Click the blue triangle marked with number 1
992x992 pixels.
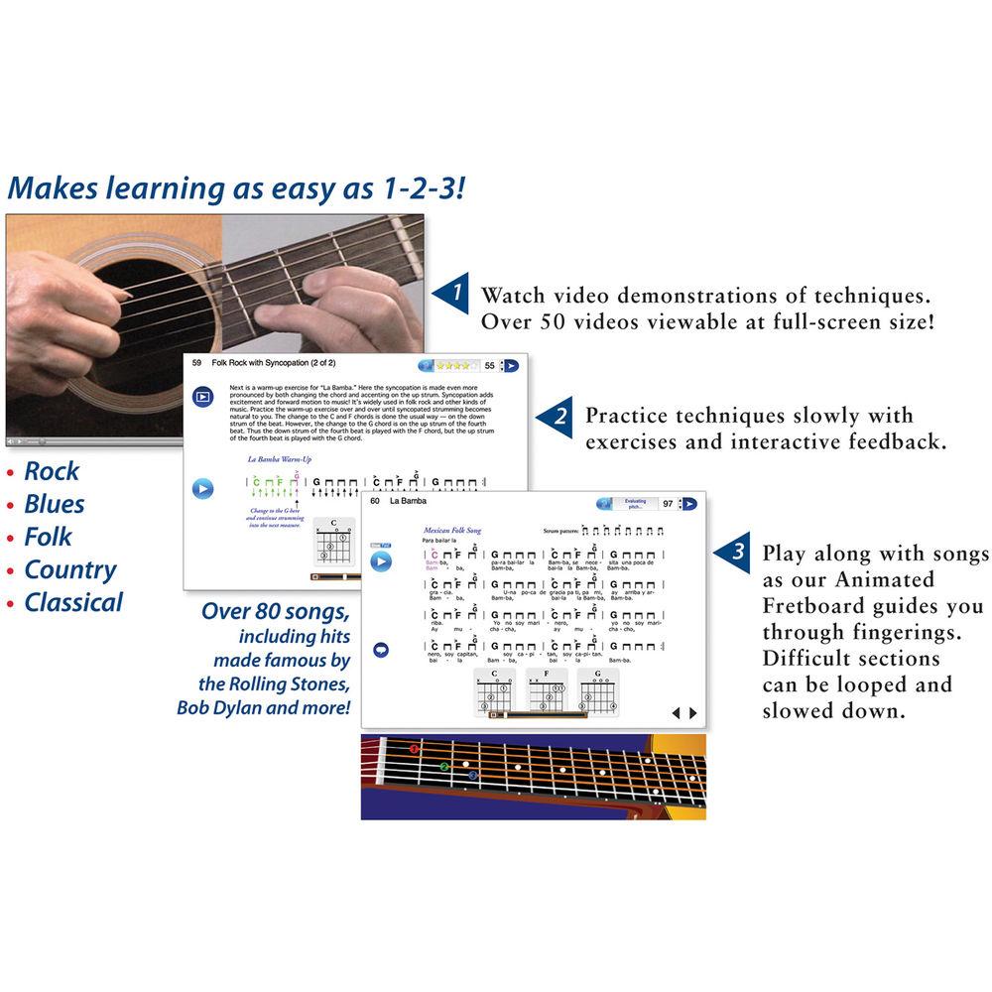point(452,294)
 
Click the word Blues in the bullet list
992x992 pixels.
point(55,504)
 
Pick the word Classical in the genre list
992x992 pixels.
point(73,602)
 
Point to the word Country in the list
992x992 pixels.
point(70,569)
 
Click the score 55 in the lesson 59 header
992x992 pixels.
point(489,366)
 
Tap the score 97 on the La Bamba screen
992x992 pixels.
point(668,504)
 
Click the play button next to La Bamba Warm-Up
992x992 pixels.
point(202,488)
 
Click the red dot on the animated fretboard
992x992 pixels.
point(414,749)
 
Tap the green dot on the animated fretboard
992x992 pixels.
point(444,766)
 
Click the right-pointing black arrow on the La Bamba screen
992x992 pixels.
point(693,712)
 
